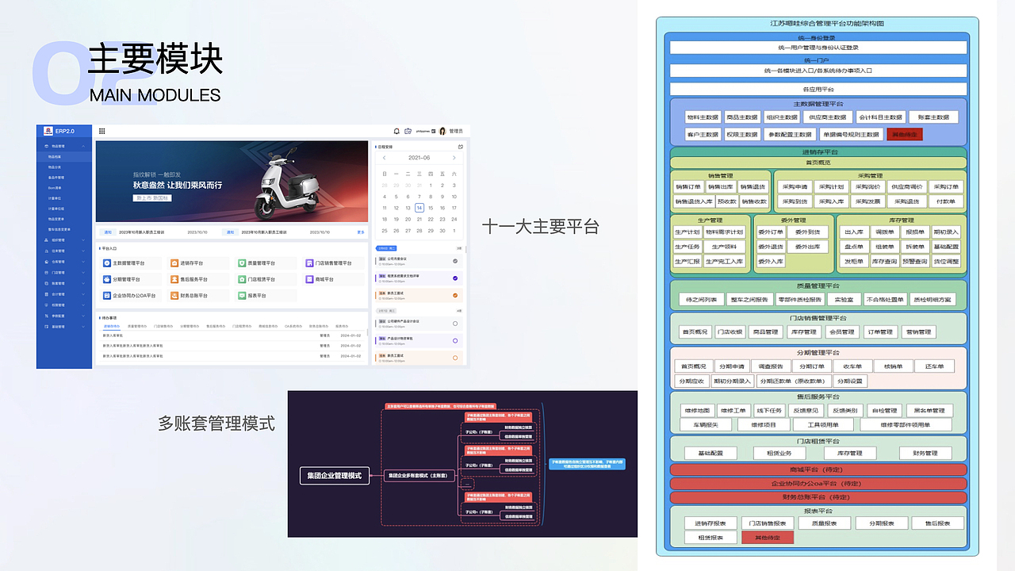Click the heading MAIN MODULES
[x=155, y=95]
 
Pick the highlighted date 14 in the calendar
[x=419, y=208]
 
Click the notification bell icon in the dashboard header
[x=397, y=131]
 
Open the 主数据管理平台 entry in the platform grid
[x=124, y=263]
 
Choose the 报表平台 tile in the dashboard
[x=255, y=296]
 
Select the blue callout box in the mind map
[x=587, y=464]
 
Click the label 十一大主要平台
[x=540, y=227]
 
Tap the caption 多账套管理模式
[x=216, y=423]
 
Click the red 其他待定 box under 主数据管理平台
[x=904, y=135]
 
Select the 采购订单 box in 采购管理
[x=945, y=187]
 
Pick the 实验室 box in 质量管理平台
[x=844, y=300]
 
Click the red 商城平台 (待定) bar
[x=818, y=469]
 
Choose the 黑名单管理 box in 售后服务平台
[x=929, y=411]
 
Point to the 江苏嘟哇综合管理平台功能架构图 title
[x=818, y=25]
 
